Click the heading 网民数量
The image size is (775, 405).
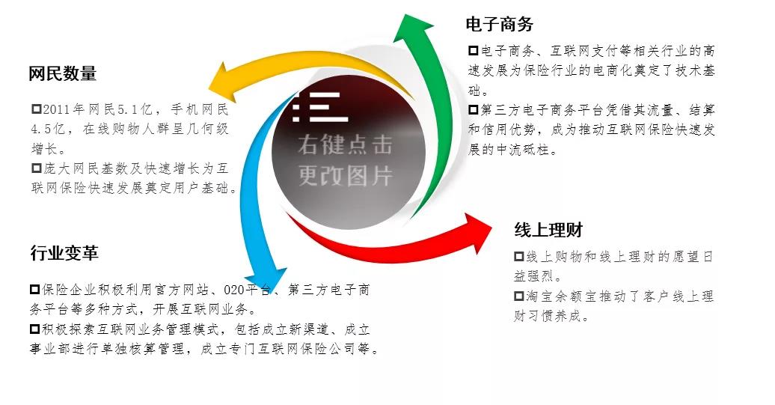tap(62, 73)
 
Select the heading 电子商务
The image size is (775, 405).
tap(499, 24)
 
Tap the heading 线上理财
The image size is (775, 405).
tap(548, 230)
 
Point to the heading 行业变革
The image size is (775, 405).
tap(64, 253)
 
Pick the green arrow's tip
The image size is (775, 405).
tap(406, 16)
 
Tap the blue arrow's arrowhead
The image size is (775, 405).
tap(267, 293)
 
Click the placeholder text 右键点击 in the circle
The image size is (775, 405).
tap(345, 145)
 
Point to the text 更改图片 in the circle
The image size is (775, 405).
tap(345, 175)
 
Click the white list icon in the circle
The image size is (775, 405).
tap(319, 107)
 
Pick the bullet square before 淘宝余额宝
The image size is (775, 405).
tap(519, 296)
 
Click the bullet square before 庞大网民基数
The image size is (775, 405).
tap(37, 168)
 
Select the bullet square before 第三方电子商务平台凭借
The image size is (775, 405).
tap(474, 110)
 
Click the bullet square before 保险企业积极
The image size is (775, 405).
tap(34, 289)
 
